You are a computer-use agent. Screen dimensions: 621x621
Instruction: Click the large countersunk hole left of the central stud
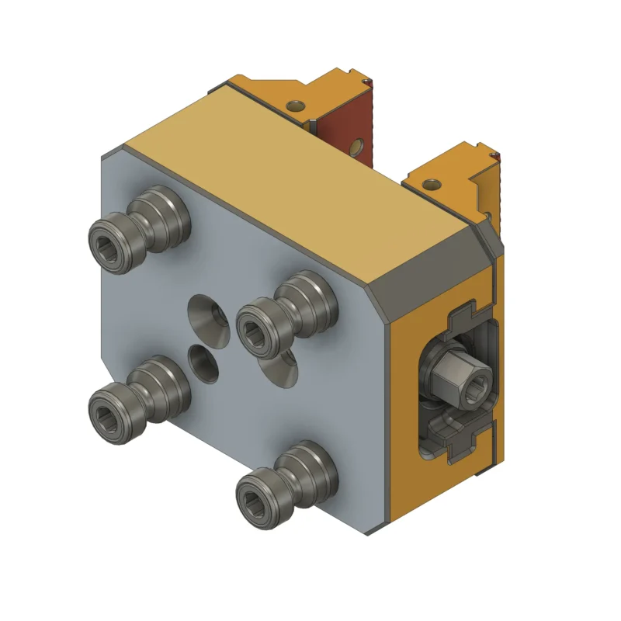[207, 317]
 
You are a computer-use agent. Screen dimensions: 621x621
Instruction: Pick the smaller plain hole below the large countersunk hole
[204, 363]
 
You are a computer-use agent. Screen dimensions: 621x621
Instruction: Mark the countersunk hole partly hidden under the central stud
[281, 371]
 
